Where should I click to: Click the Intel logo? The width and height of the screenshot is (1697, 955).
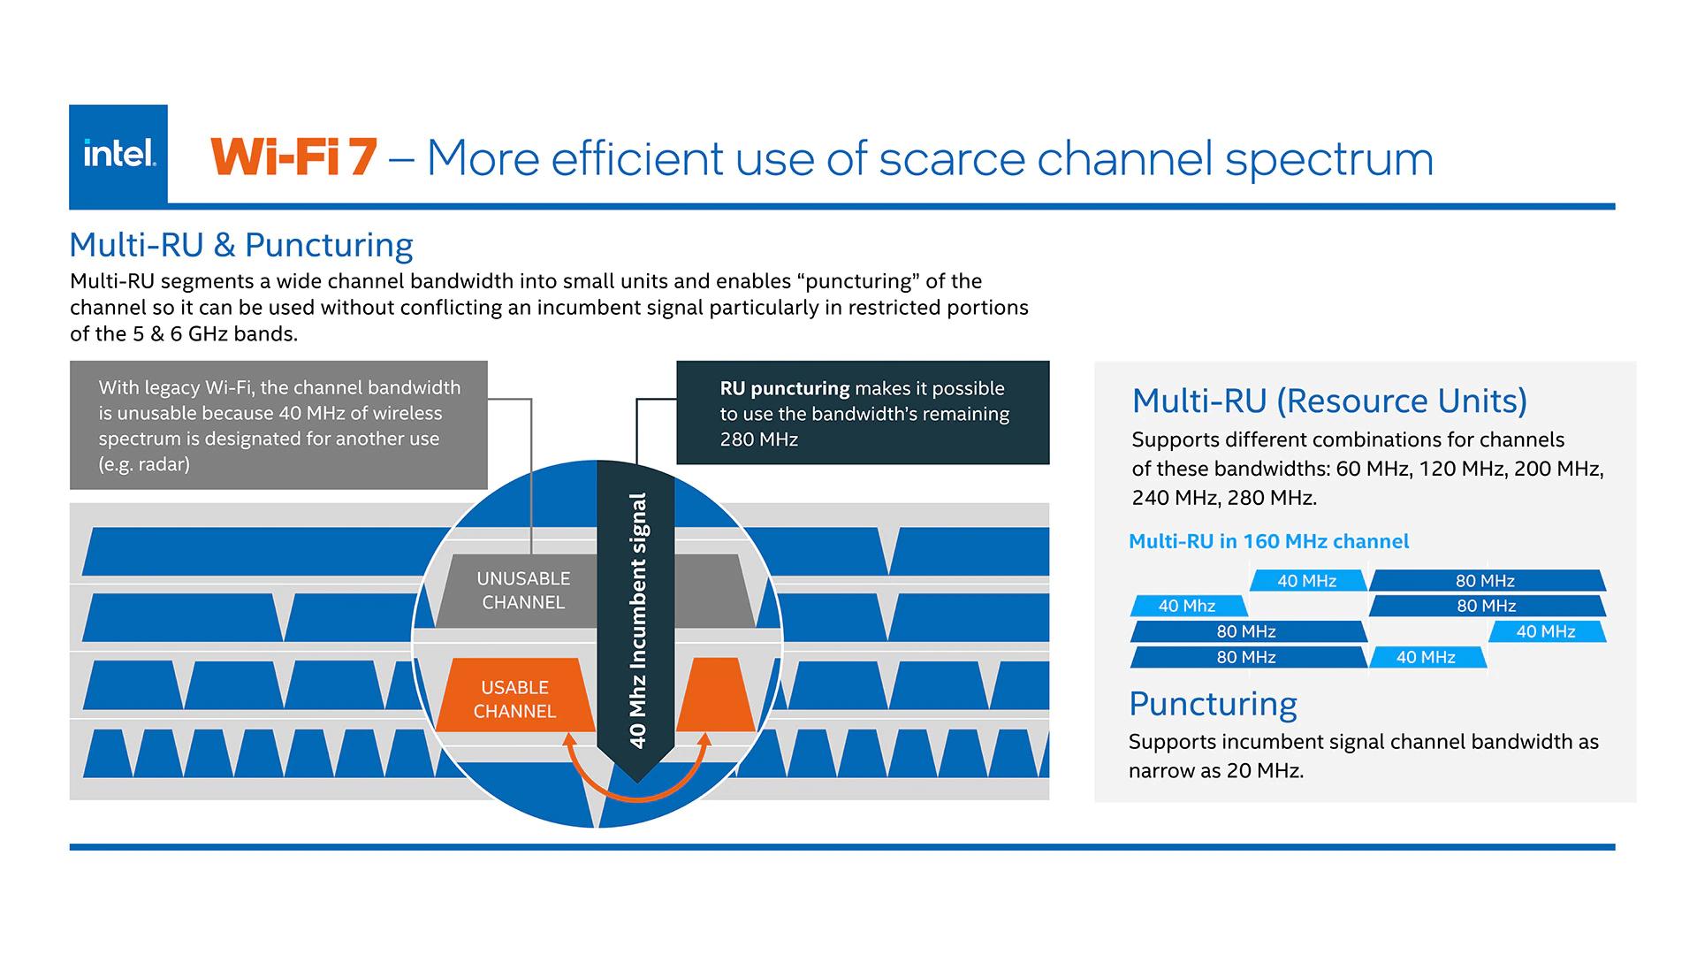118,155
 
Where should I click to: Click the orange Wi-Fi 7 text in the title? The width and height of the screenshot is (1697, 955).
294,158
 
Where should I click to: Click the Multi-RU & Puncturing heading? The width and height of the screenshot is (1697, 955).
241,245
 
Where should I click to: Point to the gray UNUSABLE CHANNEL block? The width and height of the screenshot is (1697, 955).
523,591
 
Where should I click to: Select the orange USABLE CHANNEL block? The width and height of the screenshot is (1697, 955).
514,699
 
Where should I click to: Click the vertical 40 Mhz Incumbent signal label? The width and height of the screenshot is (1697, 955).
637,620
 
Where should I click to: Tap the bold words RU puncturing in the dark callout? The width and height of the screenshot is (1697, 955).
785,388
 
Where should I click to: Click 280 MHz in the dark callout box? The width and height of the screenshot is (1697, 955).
759,439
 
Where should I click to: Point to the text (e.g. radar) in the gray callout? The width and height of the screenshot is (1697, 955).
144,464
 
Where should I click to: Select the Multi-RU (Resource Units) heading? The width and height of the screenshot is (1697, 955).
1329,401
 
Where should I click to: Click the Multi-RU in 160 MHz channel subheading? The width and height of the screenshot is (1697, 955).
1268,541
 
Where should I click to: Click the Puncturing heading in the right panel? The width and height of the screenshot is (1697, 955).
1213,704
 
